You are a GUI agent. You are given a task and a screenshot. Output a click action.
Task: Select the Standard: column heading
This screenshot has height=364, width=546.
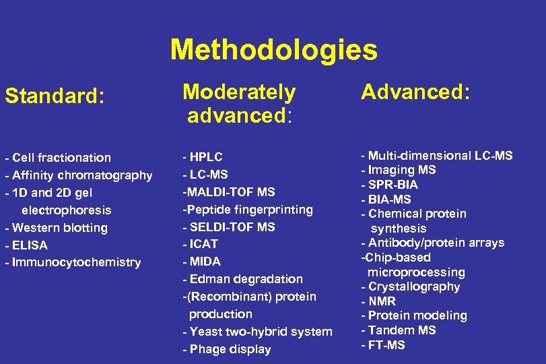tap(55, 97)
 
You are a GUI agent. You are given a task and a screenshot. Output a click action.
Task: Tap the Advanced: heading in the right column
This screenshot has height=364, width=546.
tap(415, 92)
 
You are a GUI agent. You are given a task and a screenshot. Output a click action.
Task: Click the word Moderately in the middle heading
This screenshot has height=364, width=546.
tap(239, 92)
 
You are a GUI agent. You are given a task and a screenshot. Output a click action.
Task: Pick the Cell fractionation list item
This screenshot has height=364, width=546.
tap(60, 158)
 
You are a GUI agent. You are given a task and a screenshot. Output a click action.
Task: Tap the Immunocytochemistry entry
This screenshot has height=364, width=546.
tap(75, 262)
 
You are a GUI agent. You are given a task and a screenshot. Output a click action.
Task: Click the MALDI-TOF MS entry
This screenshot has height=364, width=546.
tap(228, 192)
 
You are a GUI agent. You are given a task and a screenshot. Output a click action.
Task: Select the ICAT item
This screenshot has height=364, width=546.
tap(203, 244)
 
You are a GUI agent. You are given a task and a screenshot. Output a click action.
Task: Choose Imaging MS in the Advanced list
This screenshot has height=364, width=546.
tap(401, 170)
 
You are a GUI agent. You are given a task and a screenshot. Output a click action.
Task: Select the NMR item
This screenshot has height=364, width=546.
tap(382, 301)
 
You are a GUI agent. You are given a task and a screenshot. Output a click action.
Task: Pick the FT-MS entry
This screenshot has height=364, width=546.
tap(386, 345)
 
